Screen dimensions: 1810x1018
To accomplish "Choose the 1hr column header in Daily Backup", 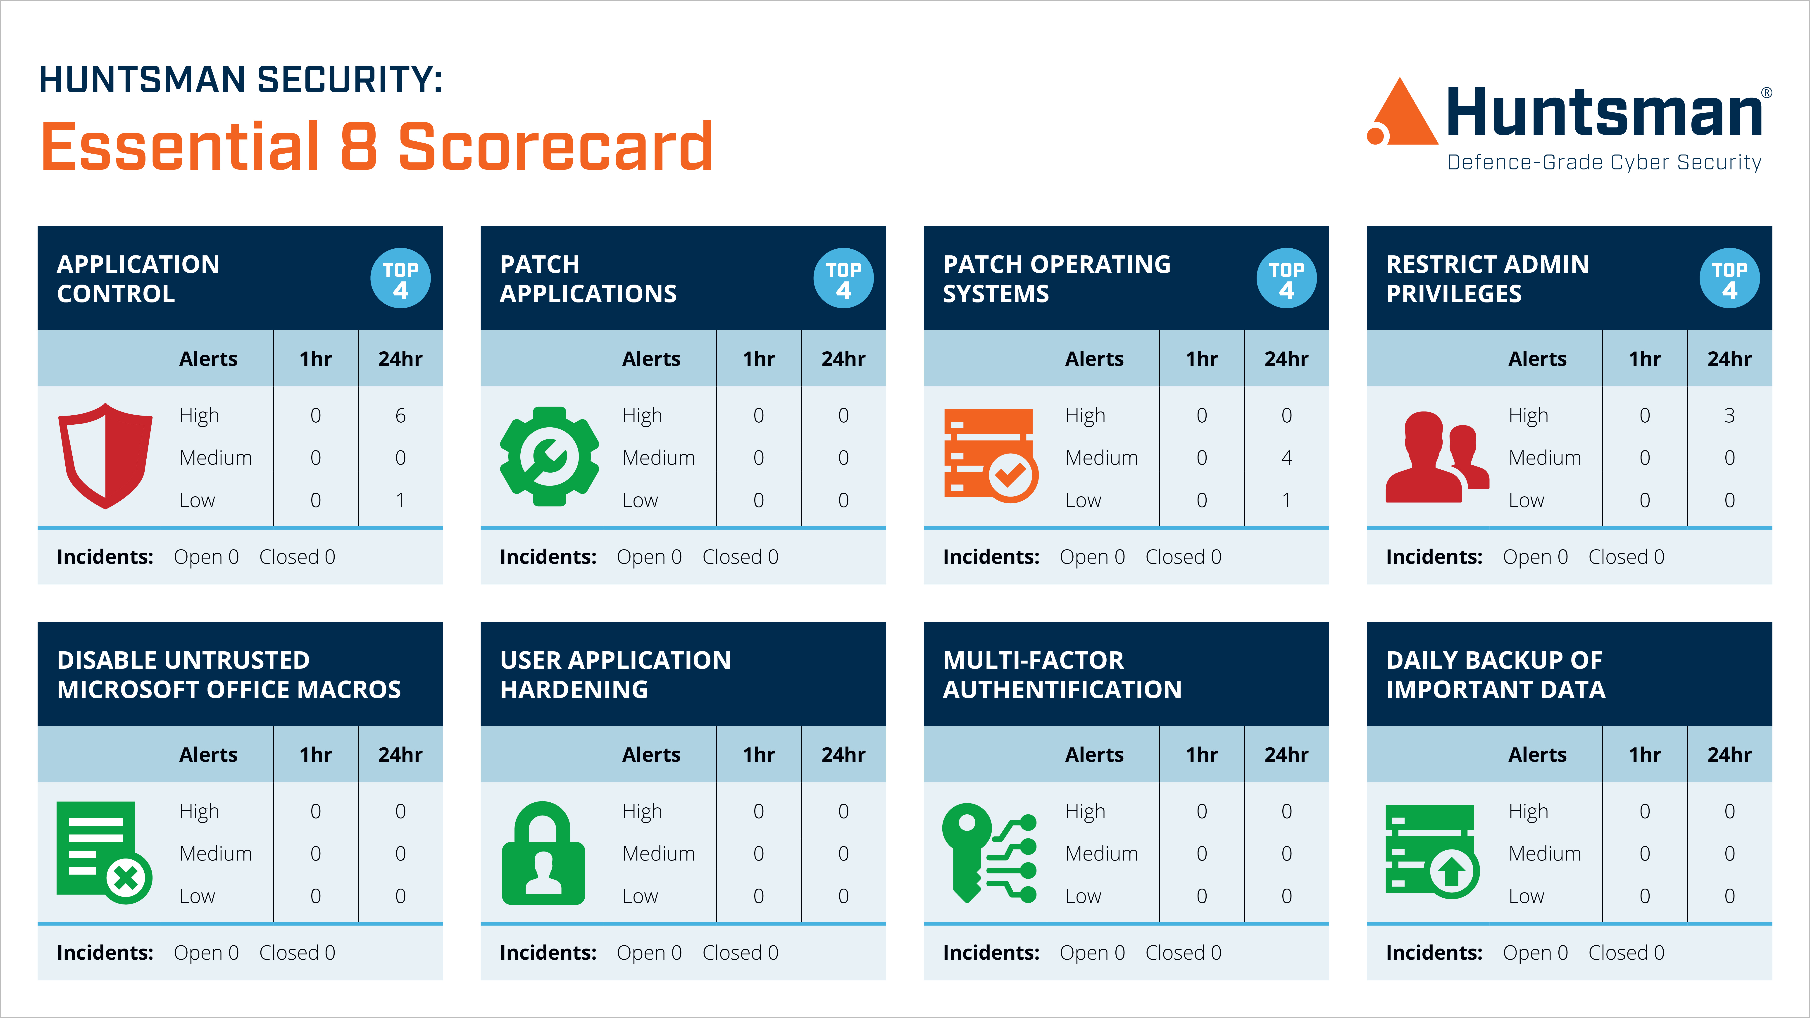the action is [x=1645, y=754].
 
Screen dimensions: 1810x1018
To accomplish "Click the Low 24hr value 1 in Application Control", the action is [x=400, y=500].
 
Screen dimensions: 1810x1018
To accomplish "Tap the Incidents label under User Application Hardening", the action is [x=548, y=953].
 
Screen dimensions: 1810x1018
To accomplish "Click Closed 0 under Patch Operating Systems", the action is [x=1183, y=557].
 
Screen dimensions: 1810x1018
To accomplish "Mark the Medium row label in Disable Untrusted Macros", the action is [x=216, y=854].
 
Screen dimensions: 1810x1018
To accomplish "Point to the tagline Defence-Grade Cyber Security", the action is [x=1604, y=162].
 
